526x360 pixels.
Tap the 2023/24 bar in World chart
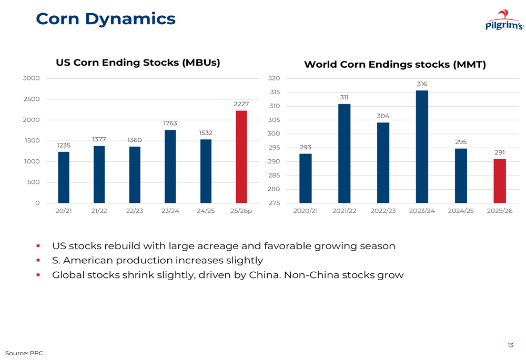coord(422,147)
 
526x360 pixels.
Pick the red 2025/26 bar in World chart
coord(500,181)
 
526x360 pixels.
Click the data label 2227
coord(241,105)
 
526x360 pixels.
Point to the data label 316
coord(422,84)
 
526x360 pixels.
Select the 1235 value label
coord(64,145)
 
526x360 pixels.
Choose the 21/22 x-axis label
coord(99,211)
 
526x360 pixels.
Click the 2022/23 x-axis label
coord(383,211)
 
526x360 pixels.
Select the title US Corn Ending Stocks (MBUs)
coord(138,63)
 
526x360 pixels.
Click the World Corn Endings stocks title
coord(395,65)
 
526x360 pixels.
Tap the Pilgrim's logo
coord(504,20)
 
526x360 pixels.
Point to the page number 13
coord(510,345)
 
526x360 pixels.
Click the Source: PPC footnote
coord(24,353)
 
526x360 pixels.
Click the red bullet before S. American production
coord(38,260)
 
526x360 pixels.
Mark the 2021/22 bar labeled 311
coord(344,153)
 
